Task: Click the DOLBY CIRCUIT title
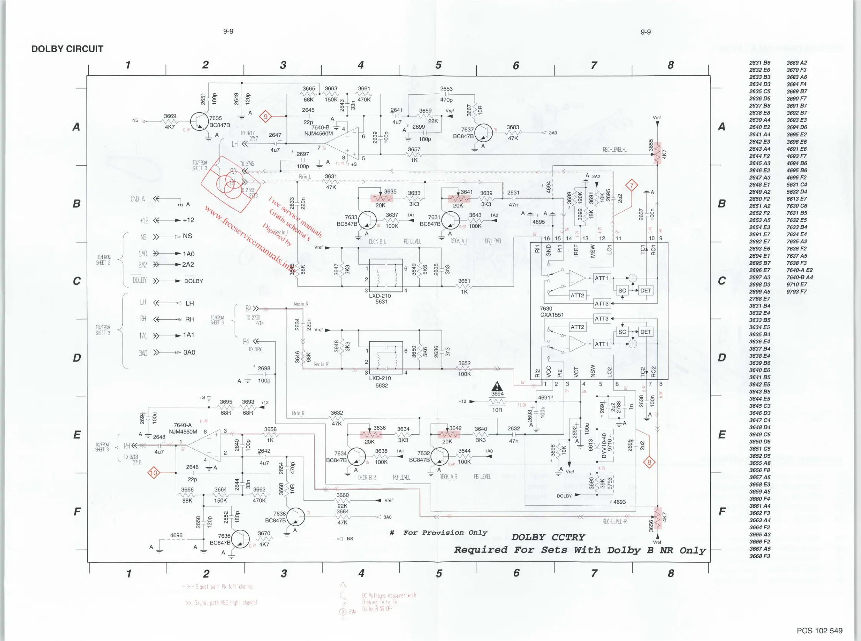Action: pyautogui.click(x=67, y=49)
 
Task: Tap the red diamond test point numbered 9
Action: pyautogui.click(x=265, y=116)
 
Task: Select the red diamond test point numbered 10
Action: pyautogui.click(x=154, y=473)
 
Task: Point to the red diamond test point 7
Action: pyautogui.click(x=631, y=185)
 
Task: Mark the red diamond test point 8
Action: pyautogui.click(x=649, y=462)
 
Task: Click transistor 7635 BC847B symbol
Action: pyautogui.click(x=200, y=122)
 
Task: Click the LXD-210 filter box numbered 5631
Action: pyautogui.click(x=386, y=275)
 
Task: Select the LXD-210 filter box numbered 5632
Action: pyautogui.click(x=386, y=357)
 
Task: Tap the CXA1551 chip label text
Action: pyautogui.click(x=551, y=315)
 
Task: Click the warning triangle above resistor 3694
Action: pyautogui.click(x=497, y=387)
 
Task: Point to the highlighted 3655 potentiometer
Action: pyautogui.click(x=657, y=153)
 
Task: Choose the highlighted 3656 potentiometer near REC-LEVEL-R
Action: pyautogui.click(x=657, y=518)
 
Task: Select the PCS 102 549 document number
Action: pyautogui.click(x=819, y=631)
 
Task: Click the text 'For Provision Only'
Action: pyautogui.click(x=445, y=533)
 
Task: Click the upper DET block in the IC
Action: pyautogui.click(x=646, y=290)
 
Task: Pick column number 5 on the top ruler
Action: pyautogui.click(x=438, y=65)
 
